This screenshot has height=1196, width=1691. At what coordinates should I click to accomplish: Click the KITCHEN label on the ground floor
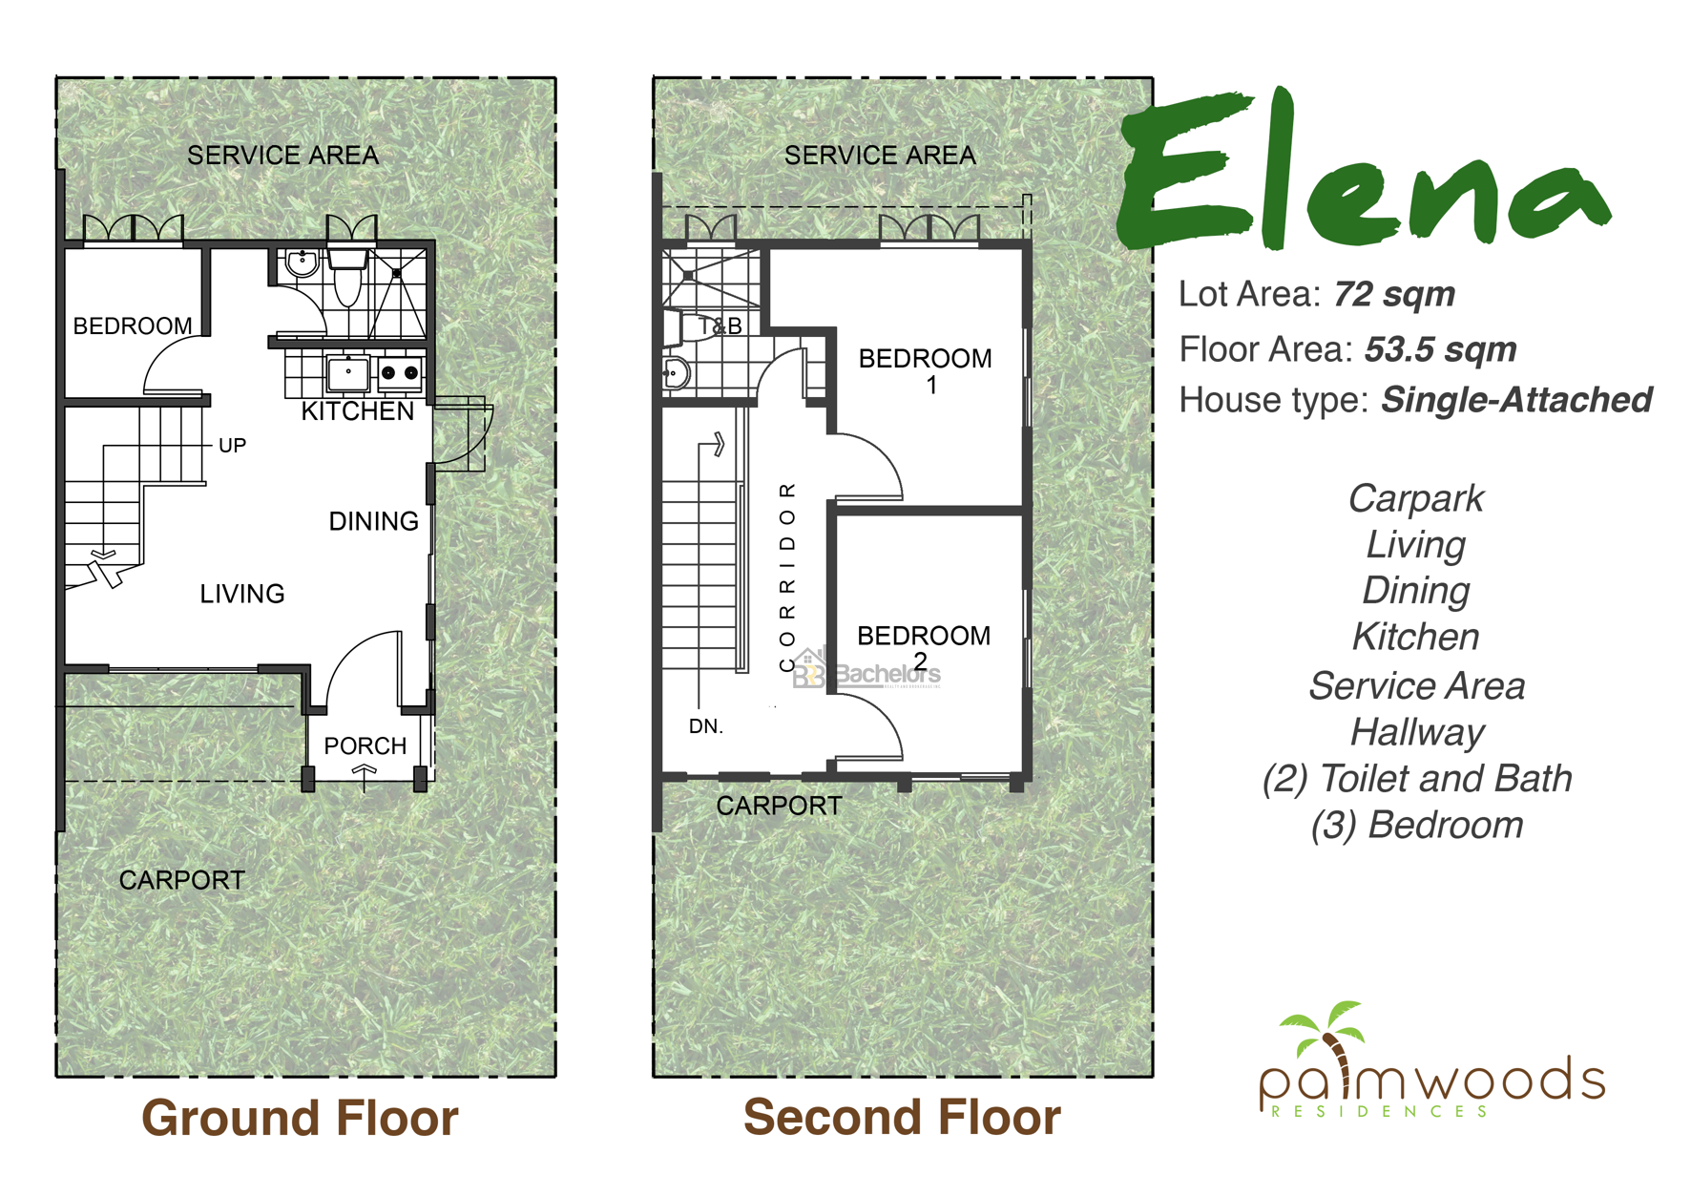pyautogui.click(x=358, y=411)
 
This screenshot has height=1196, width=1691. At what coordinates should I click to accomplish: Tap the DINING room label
pyautogui.click(x=373, y=521)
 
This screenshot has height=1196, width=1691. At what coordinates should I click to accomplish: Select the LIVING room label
pyautogui.click(x=242, y=594)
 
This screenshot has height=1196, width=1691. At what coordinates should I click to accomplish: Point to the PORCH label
pyautogui.click(x=365, y=745)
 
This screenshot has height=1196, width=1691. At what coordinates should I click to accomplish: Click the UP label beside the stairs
pyautogui.click(x=233, y=446)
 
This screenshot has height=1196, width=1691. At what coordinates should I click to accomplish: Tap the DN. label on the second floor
pyautogui.click(x=706, y=726)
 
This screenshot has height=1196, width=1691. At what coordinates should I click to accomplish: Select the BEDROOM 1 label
pyautogui.click(x=926, y=371)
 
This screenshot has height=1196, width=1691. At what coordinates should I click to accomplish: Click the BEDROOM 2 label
pyautogui.click(x=924, y=648)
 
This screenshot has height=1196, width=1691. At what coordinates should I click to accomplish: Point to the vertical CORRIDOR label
pyautogui.click(x=787, y=577)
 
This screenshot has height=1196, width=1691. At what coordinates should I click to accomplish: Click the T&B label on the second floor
pyautogui.click(x=720, y=326)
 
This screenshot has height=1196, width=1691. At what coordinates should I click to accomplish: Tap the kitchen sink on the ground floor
pyautogui.click(x=348, y=373)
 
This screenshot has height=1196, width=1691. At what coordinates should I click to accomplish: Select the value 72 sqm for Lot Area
pyautogui.click(x=1394, y=295)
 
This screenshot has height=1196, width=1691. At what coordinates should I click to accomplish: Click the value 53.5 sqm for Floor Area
pyautogui.click(x=1441, y=349)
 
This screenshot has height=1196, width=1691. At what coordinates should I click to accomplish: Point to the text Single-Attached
pyautogui.click(x=1517, y=400)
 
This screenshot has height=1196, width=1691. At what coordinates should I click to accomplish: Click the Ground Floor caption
pyautogui.click(x=300, y=1118)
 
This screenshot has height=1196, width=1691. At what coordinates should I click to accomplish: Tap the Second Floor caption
pyautogui.click(x=902, y=1117)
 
